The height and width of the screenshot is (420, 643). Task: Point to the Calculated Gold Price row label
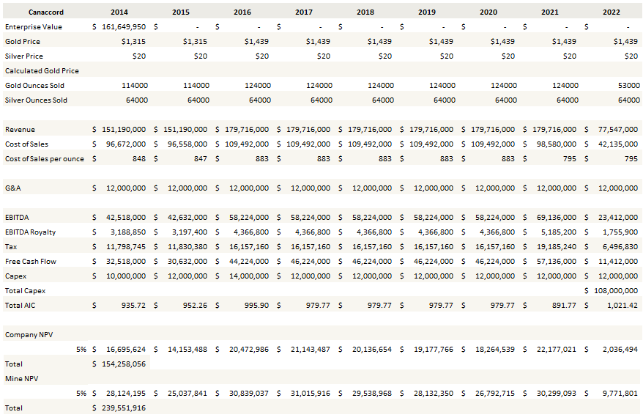pyautogui.click(x=42, y=71)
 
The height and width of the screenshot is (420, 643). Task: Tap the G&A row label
pyautogui.click(x=13, y=188)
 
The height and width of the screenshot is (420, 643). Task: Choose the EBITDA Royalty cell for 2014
pyautogui.click(x=125, y=232)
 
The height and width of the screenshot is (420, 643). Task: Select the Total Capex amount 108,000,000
pyautogui.click(x=614, y=291)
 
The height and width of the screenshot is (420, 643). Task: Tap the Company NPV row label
pyautogui.click(x=29, y=335)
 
